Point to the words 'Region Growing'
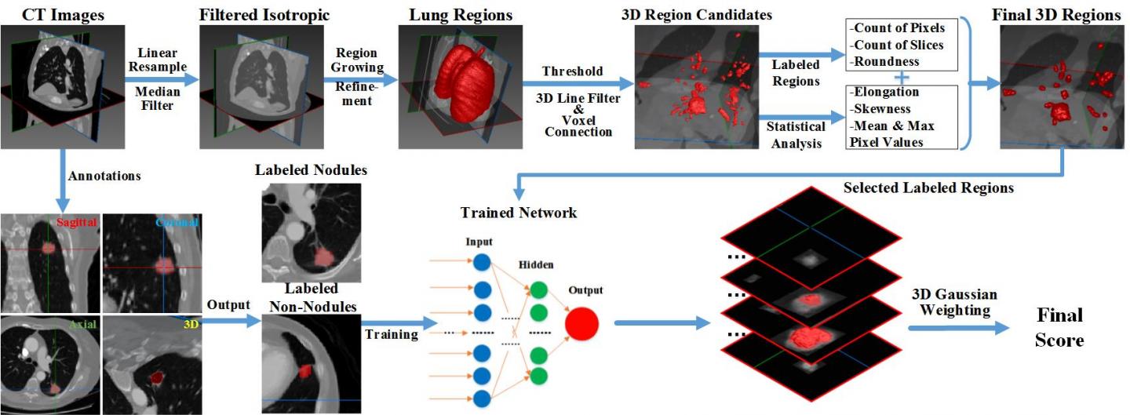click(x=358, y=60)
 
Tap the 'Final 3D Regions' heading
click(x=1061, y=15)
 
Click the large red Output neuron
click(x=581, y=323)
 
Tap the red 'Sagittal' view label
click(x=77, y=223)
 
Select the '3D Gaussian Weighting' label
click(x=954, y=302)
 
